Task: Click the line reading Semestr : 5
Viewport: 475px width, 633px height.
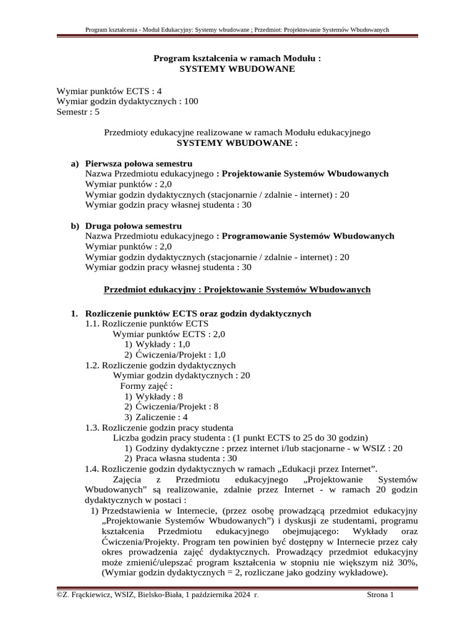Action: point(78,112)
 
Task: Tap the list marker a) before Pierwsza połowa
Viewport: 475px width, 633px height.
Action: point(75,164)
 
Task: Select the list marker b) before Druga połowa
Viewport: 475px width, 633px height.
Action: point(75,226)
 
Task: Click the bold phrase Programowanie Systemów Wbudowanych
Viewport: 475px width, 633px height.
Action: point(307,236)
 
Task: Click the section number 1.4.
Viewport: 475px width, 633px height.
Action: point(92,469)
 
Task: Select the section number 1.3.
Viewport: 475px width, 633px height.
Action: point(92,427)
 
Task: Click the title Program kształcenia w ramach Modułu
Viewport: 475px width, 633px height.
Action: point(237,59)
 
